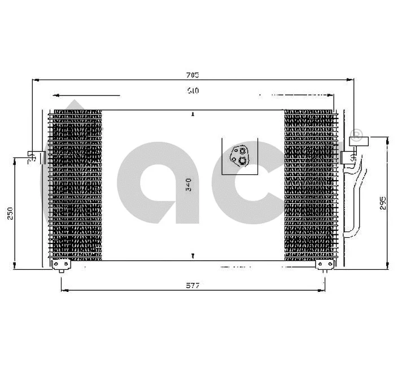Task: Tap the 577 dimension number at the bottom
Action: [x=194, y=286]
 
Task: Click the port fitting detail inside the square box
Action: [x=241, y=156]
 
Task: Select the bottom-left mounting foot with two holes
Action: [x=60, y=264]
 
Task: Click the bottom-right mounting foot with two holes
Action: [x=324, y=264]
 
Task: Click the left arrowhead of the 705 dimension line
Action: [x=34, y=80]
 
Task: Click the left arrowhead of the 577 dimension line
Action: [x=63, y=290]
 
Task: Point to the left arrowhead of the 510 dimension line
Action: [x=55, y=95]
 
